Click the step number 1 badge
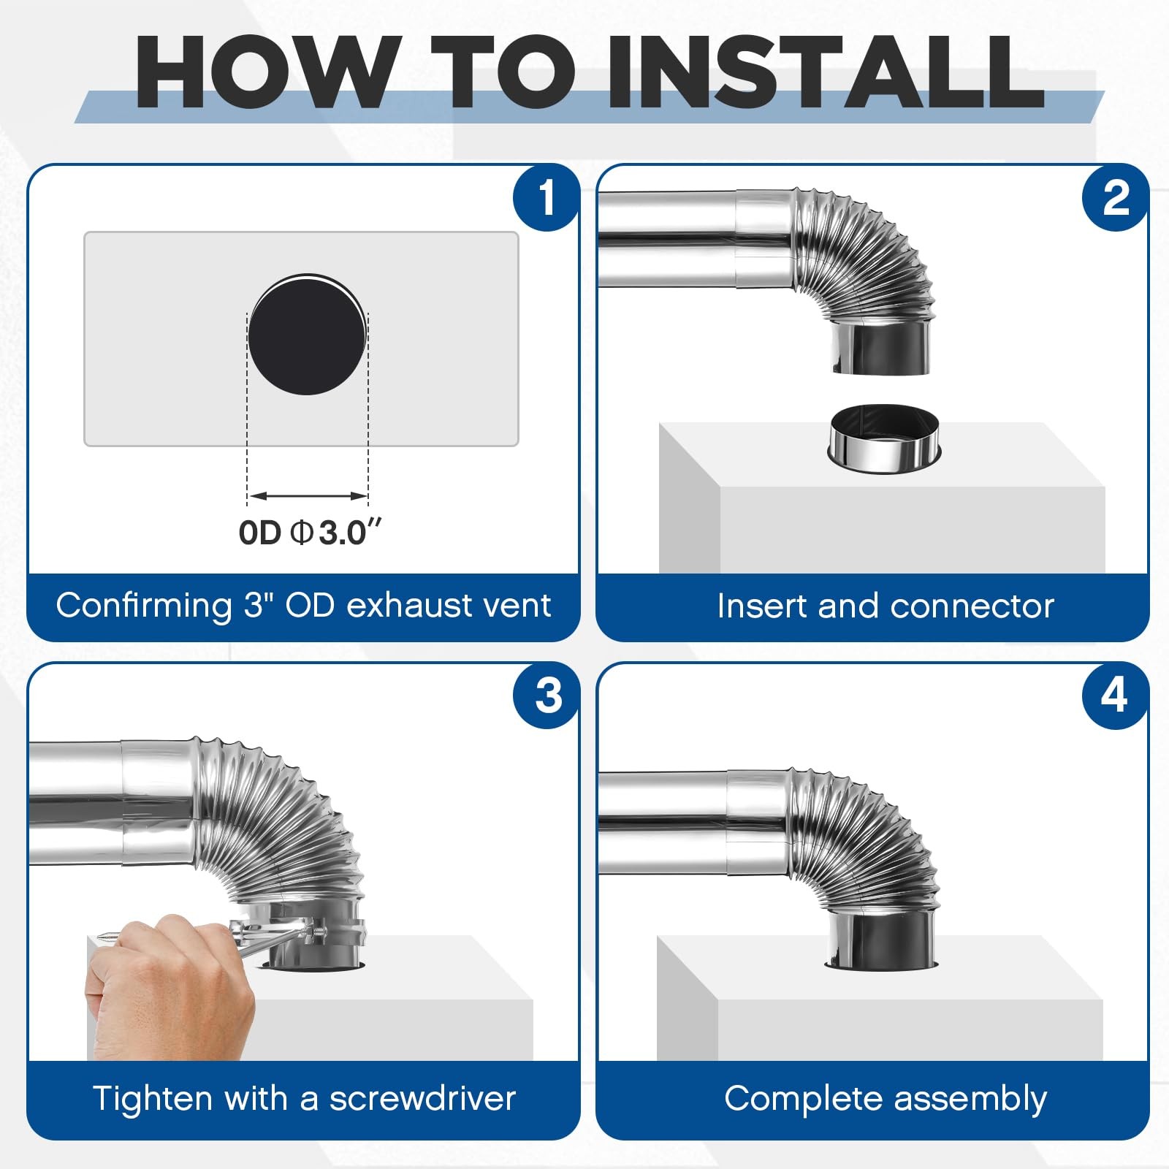click(547, 197)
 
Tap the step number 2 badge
click(1116, 197)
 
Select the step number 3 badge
click(548, 695)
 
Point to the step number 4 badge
click(1114, 695)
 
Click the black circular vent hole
click(307, 337)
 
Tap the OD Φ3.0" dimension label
click(310, 533)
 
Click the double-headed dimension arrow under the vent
click(308, 496)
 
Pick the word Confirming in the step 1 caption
click(143, 606)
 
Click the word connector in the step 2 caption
click(972, 606)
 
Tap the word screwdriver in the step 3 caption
click(422, 1098)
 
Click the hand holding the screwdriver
click(168, 979)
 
